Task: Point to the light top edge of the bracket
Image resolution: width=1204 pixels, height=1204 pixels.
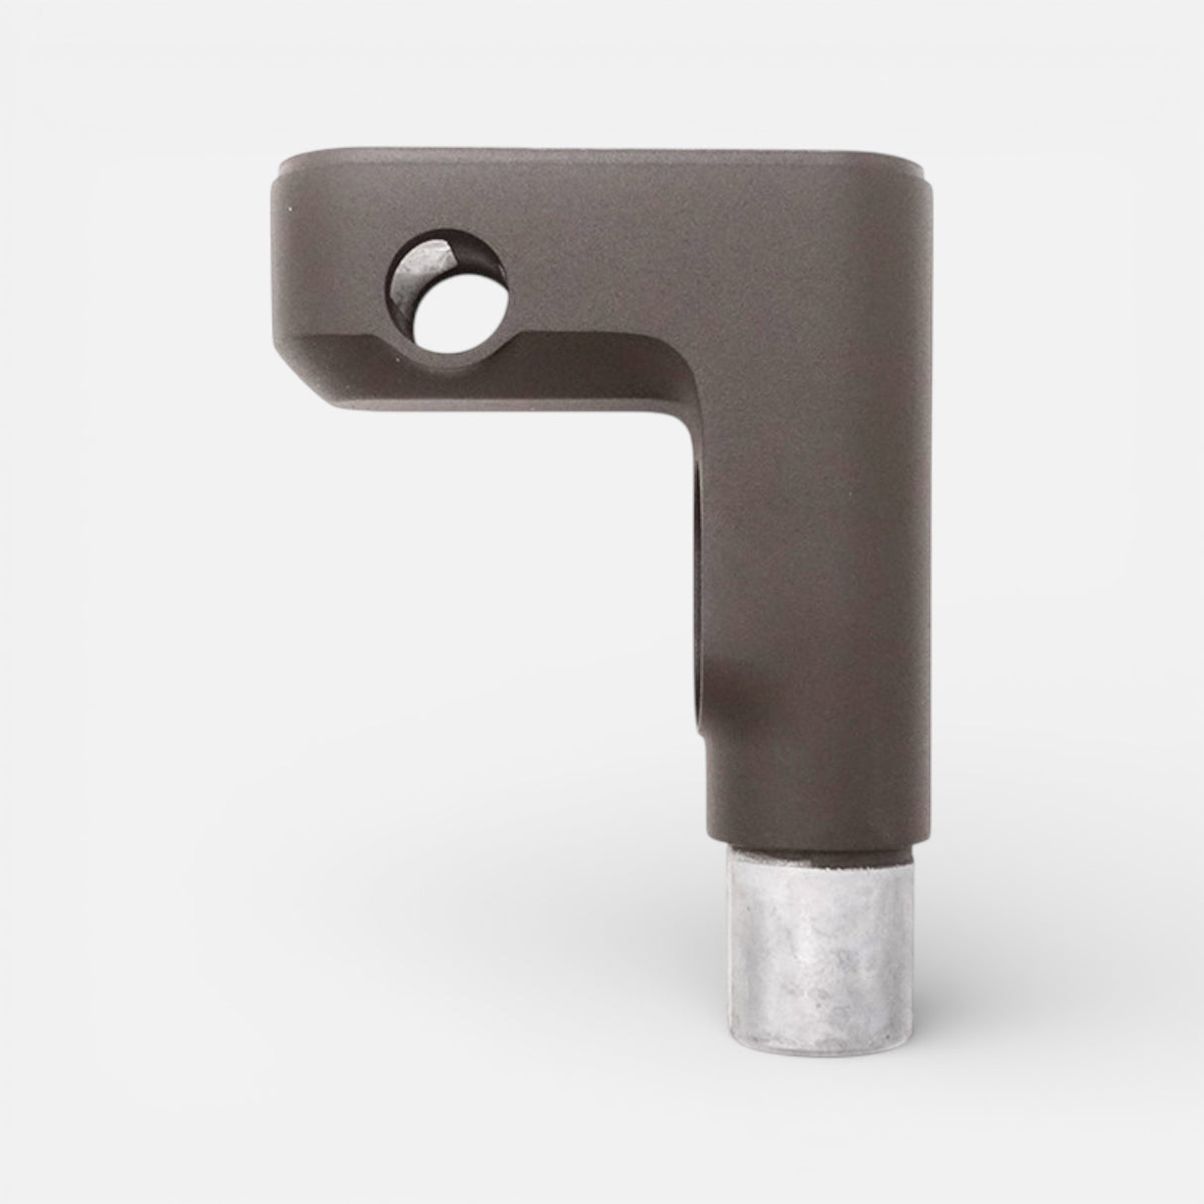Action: coord(595,153)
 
